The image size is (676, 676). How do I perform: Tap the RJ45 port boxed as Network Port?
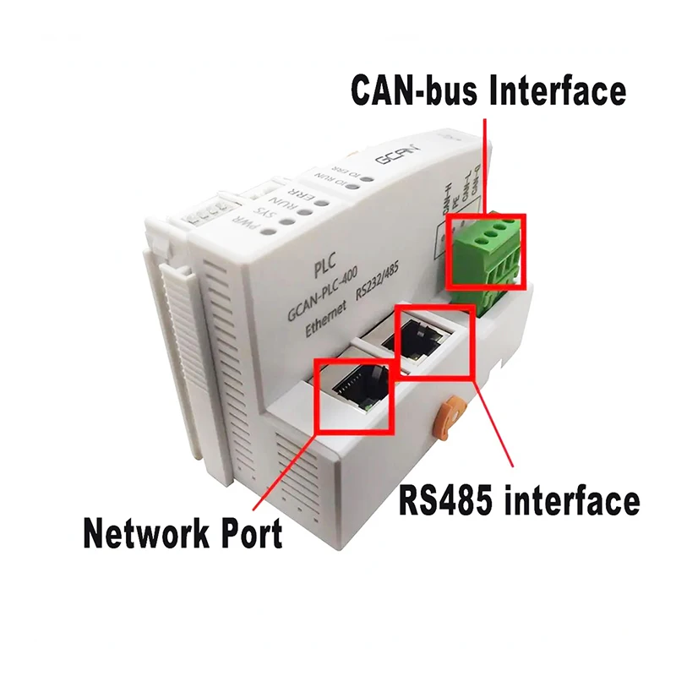(x=355, y=394)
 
